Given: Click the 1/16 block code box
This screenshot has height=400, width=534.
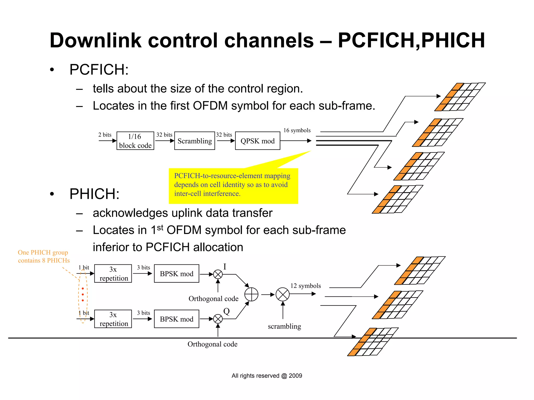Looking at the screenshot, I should click(135, 141).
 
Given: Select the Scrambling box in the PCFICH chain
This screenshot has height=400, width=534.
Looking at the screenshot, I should click(195, 141).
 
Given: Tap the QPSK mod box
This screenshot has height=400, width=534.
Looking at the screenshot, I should click(257, 141).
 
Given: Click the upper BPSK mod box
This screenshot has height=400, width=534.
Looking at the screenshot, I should click(177, 274).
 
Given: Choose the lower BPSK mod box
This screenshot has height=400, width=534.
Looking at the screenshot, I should click(177, 319).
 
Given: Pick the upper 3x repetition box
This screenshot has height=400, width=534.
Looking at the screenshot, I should click(113, 274).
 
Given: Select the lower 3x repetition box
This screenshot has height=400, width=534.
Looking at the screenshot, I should click(113, 319).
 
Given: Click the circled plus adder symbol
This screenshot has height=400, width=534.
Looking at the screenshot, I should click(251, 295).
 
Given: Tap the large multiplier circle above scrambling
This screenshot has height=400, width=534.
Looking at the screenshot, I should click(283, 295).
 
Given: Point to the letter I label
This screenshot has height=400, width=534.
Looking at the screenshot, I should click(225, 267).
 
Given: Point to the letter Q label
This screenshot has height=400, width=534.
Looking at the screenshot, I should click(226, 311).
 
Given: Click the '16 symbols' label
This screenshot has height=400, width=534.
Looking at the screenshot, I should click(297, 130).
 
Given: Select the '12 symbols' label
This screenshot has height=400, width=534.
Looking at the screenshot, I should click(306, 286).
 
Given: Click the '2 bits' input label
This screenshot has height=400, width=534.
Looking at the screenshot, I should click(105, 135).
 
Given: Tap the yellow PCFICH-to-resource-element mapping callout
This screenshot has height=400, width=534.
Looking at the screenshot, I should click(233, 185).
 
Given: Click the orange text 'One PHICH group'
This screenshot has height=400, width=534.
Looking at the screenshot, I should click(43, 252).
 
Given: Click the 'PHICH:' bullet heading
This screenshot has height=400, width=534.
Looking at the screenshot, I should click(94, 194).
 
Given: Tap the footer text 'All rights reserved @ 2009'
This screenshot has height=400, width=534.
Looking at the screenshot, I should click(267, 376).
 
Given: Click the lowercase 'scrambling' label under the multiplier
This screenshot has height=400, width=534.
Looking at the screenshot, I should click(284, 326).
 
